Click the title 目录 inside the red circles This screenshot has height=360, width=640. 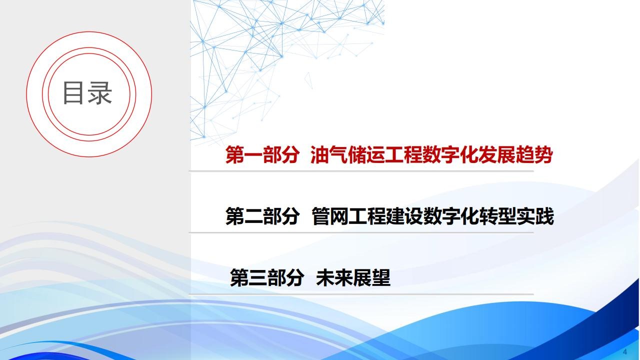(87, 93)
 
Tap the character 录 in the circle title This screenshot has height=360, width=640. (99, 93)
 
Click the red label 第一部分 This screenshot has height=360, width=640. (262, 154)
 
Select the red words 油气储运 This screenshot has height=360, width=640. (347, 154)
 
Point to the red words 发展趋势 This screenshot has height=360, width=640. (515, 154)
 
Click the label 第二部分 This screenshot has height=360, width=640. (262, 216)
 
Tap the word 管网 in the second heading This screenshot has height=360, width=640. (330, 216)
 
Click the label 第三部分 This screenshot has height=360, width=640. (267, 277)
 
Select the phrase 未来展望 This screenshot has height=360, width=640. (353, 277)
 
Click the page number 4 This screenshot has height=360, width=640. (625, 351)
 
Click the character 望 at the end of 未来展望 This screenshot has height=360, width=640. (381, 277)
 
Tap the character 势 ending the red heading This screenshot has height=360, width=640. (543, 154)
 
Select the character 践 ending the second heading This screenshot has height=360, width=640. (544, 216)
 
